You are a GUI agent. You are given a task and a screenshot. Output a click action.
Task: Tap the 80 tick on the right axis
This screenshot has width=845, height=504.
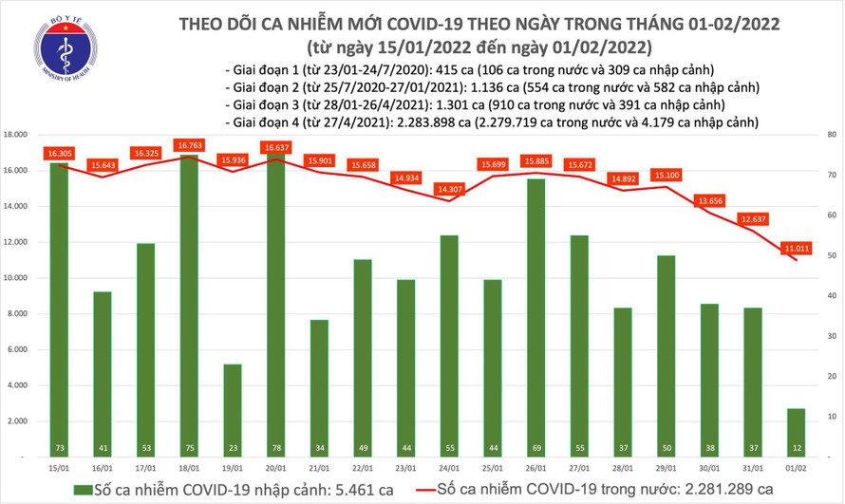[831, 135]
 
